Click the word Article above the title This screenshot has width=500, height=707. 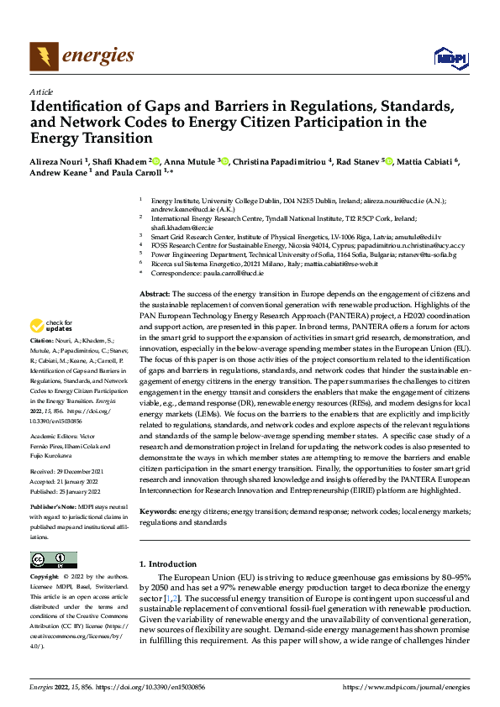[x=41, y=92]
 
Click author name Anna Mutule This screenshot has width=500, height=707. [x=192, y=161]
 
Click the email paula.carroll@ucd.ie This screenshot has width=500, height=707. [x=234, y=273]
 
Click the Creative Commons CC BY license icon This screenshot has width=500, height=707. [x=54, y=560]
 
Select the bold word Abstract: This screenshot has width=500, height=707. [x=154, y=293]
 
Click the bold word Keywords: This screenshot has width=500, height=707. [x=157, y=511]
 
